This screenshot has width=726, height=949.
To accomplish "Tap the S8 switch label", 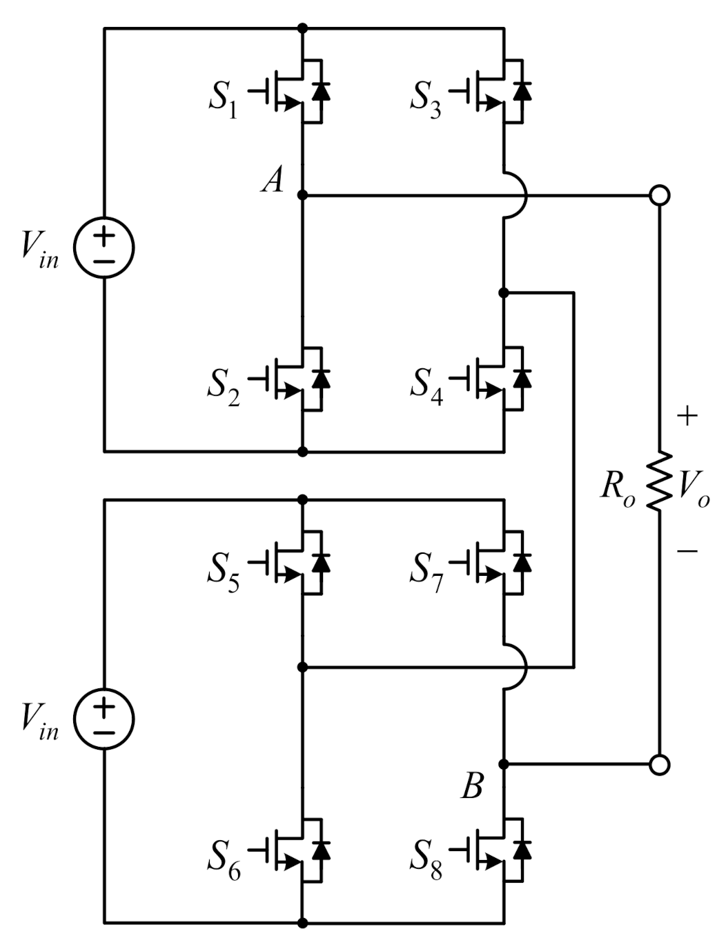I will coord(426,859).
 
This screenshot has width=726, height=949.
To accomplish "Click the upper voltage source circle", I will coord(104,248).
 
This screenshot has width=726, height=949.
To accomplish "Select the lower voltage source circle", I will coord(104,719).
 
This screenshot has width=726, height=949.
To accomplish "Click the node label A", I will coord(273,181).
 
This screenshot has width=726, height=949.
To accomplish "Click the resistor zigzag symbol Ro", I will coord(660,481).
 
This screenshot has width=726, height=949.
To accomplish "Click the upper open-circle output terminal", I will coord(660,196).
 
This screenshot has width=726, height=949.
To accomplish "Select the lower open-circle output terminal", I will coord(660,764).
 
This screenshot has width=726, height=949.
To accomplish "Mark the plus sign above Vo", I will coord(687,416).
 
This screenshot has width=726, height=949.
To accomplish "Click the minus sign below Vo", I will coord(687,550).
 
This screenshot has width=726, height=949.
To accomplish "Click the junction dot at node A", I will coord(302,196).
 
